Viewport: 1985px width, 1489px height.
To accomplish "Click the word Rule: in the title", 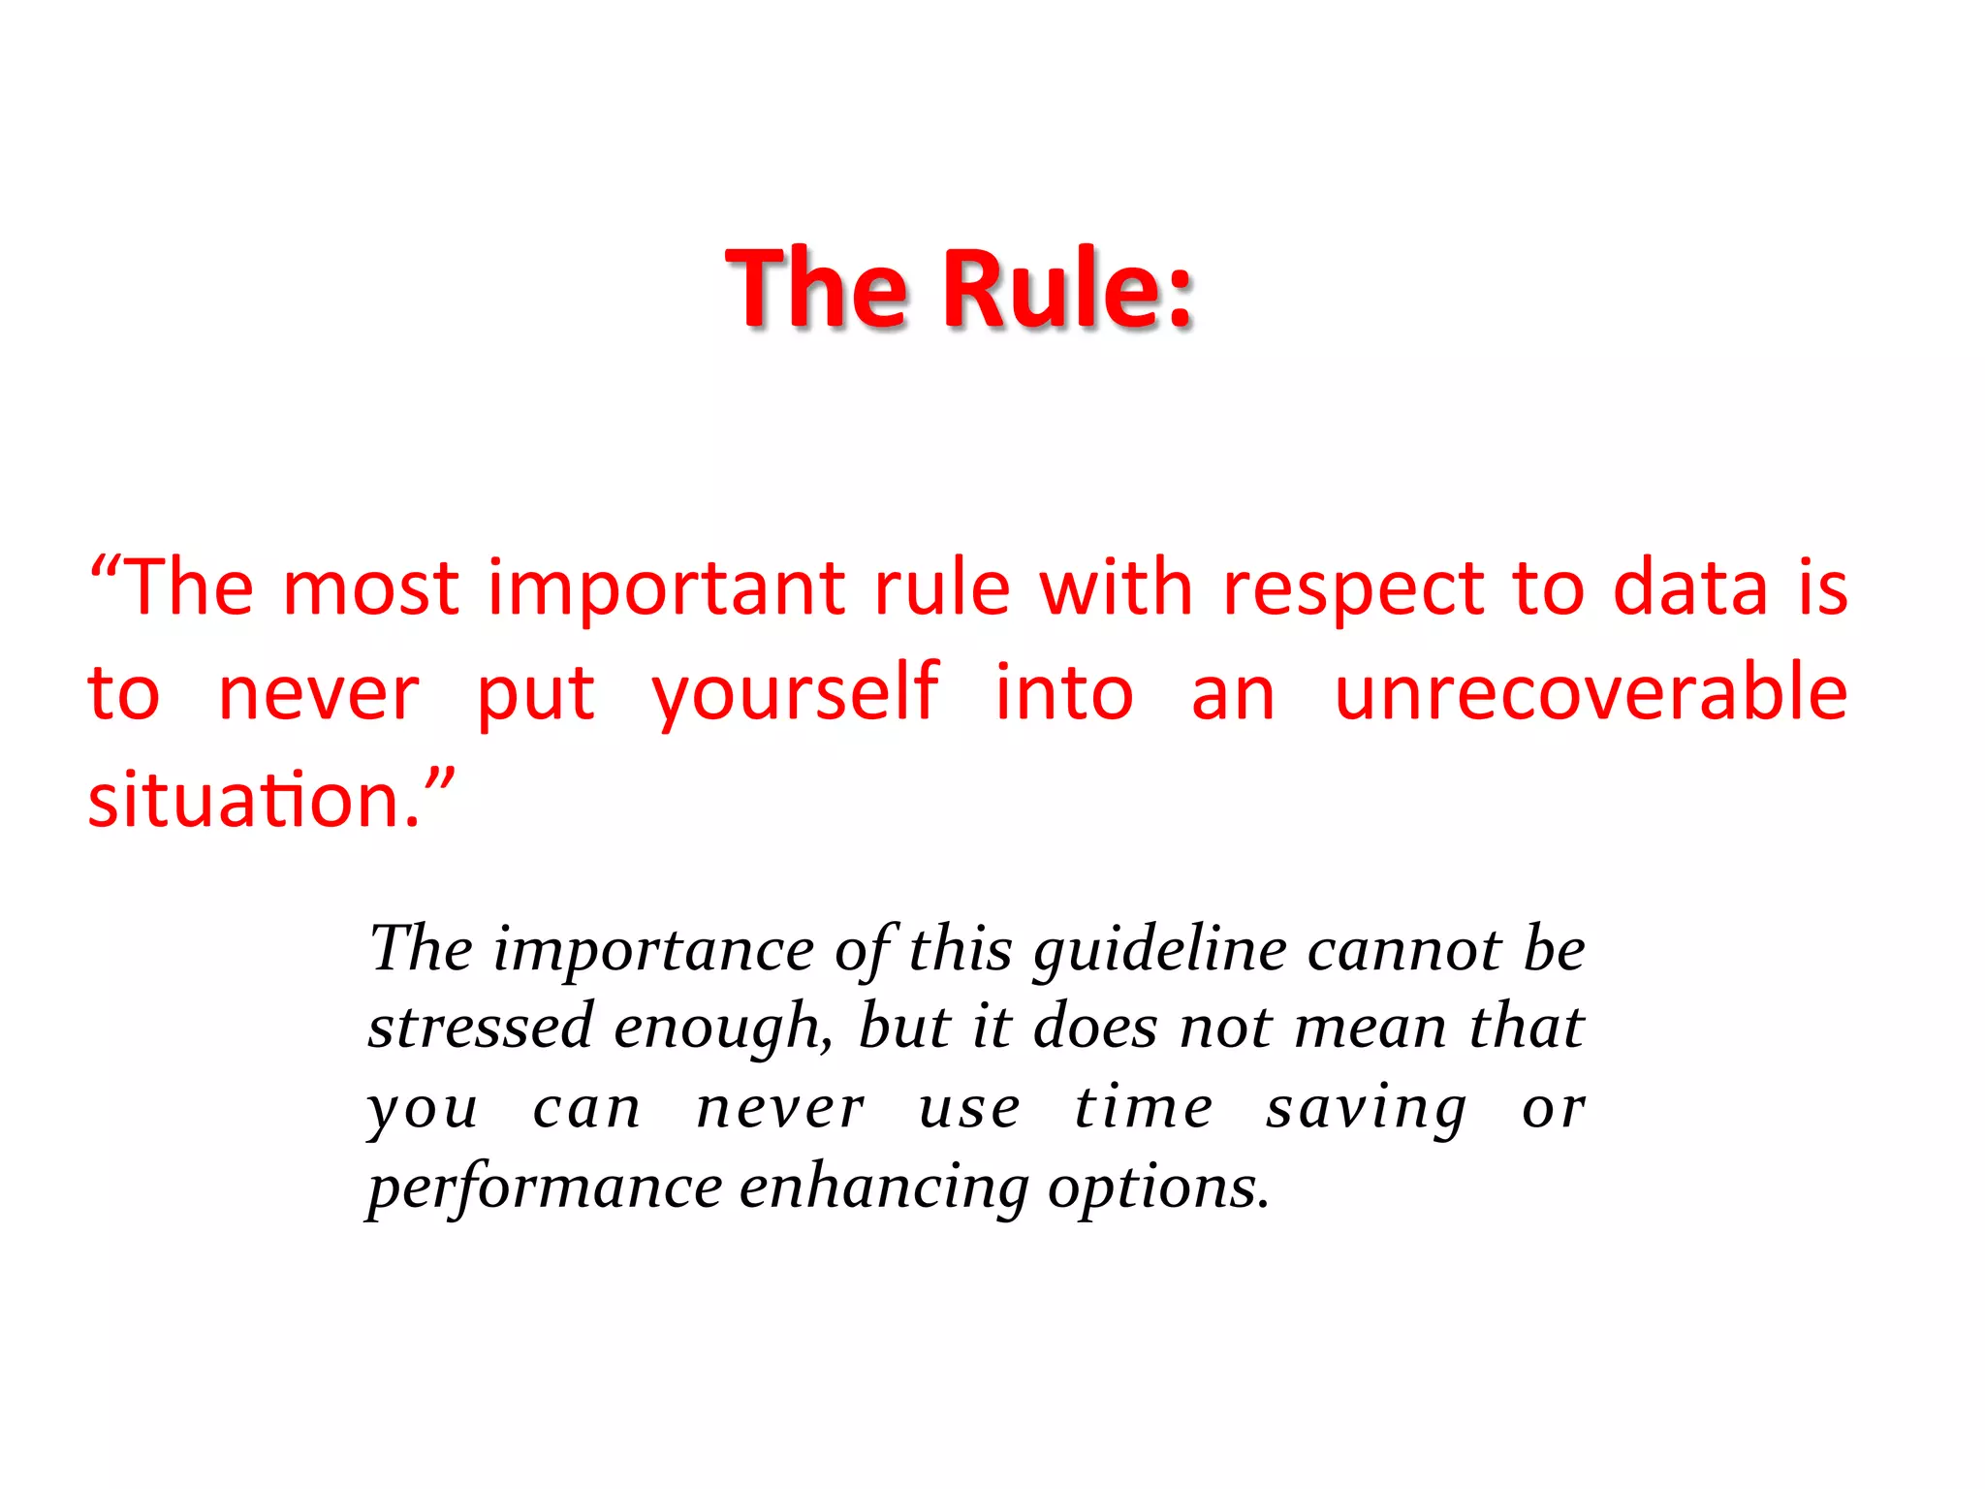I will pos(1067,288).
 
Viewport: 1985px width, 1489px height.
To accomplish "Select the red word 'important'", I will pos(666,589).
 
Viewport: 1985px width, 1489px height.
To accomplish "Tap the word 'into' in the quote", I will pos(1064,692).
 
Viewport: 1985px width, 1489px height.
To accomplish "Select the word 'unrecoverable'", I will pos(1591,692).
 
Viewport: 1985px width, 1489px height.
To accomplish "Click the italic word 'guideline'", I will pos(1160,950).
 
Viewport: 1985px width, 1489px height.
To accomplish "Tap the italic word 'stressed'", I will pos(481,1028).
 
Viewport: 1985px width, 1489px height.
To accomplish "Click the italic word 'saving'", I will pos(1367,1109).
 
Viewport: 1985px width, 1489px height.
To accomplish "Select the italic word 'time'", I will pos(1144,1107).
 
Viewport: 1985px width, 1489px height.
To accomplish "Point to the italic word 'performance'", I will pos(545,1188).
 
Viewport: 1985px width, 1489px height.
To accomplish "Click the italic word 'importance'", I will pos(654,950).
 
